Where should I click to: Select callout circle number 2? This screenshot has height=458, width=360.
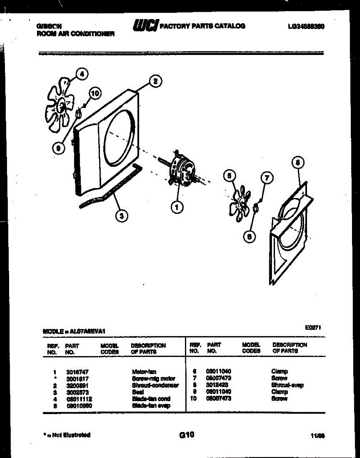[x=155, y=81]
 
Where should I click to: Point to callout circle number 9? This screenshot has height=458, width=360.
[x=58, y=149]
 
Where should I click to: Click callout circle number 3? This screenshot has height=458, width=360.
[x=122, y=216]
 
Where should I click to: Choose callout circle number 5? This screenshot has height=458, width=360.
[x=229, y=176]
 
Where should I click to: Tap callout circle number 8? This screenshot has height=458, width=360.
[x=298, y=163]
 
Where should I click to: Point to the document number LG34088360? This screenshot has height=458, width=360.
[x=307, y=26]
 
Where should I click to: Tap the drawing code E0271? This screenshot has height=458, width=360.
[x=313, y=327]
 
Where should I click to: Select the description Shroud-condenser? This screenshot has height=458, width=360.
[x=155, y=385]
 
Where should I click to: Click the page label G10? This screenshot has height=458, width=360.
[x=186, y=434]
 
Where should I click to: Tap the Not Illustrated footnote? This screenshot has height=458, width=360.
[x=66, y=435]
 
